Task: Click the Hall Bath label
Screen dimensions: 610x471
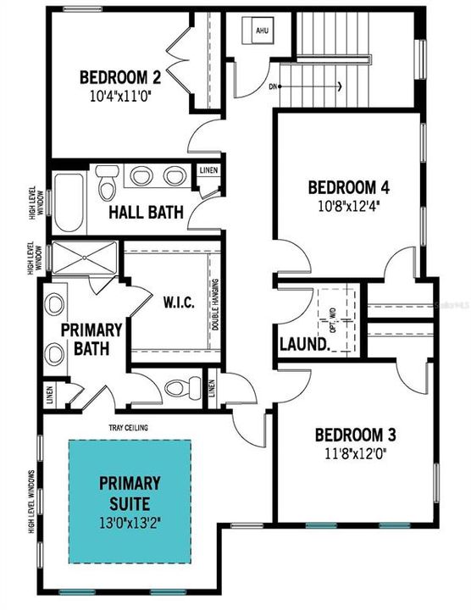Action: [x=146, y=212]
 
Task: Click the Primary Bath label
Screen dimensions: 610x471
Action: [x=91, y=338]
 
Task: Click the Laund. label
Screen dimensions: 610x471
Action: [x=304, y=345]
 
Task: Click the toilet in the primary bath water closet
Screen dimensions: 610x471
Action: [x=180, y=388]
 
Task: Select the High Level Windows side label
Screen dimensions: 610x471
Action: [x=31, y=502]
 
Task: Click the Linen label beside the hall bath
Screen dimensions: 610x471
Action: [x=208, y=170]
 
